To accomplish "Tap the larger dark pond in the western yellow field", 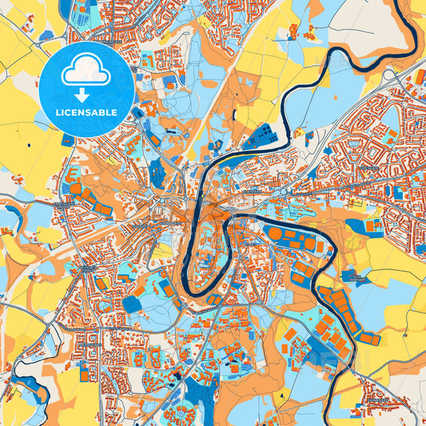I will (x=28, y=145).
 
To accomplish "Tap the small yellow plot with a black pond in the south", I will (x=281, y=395).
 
